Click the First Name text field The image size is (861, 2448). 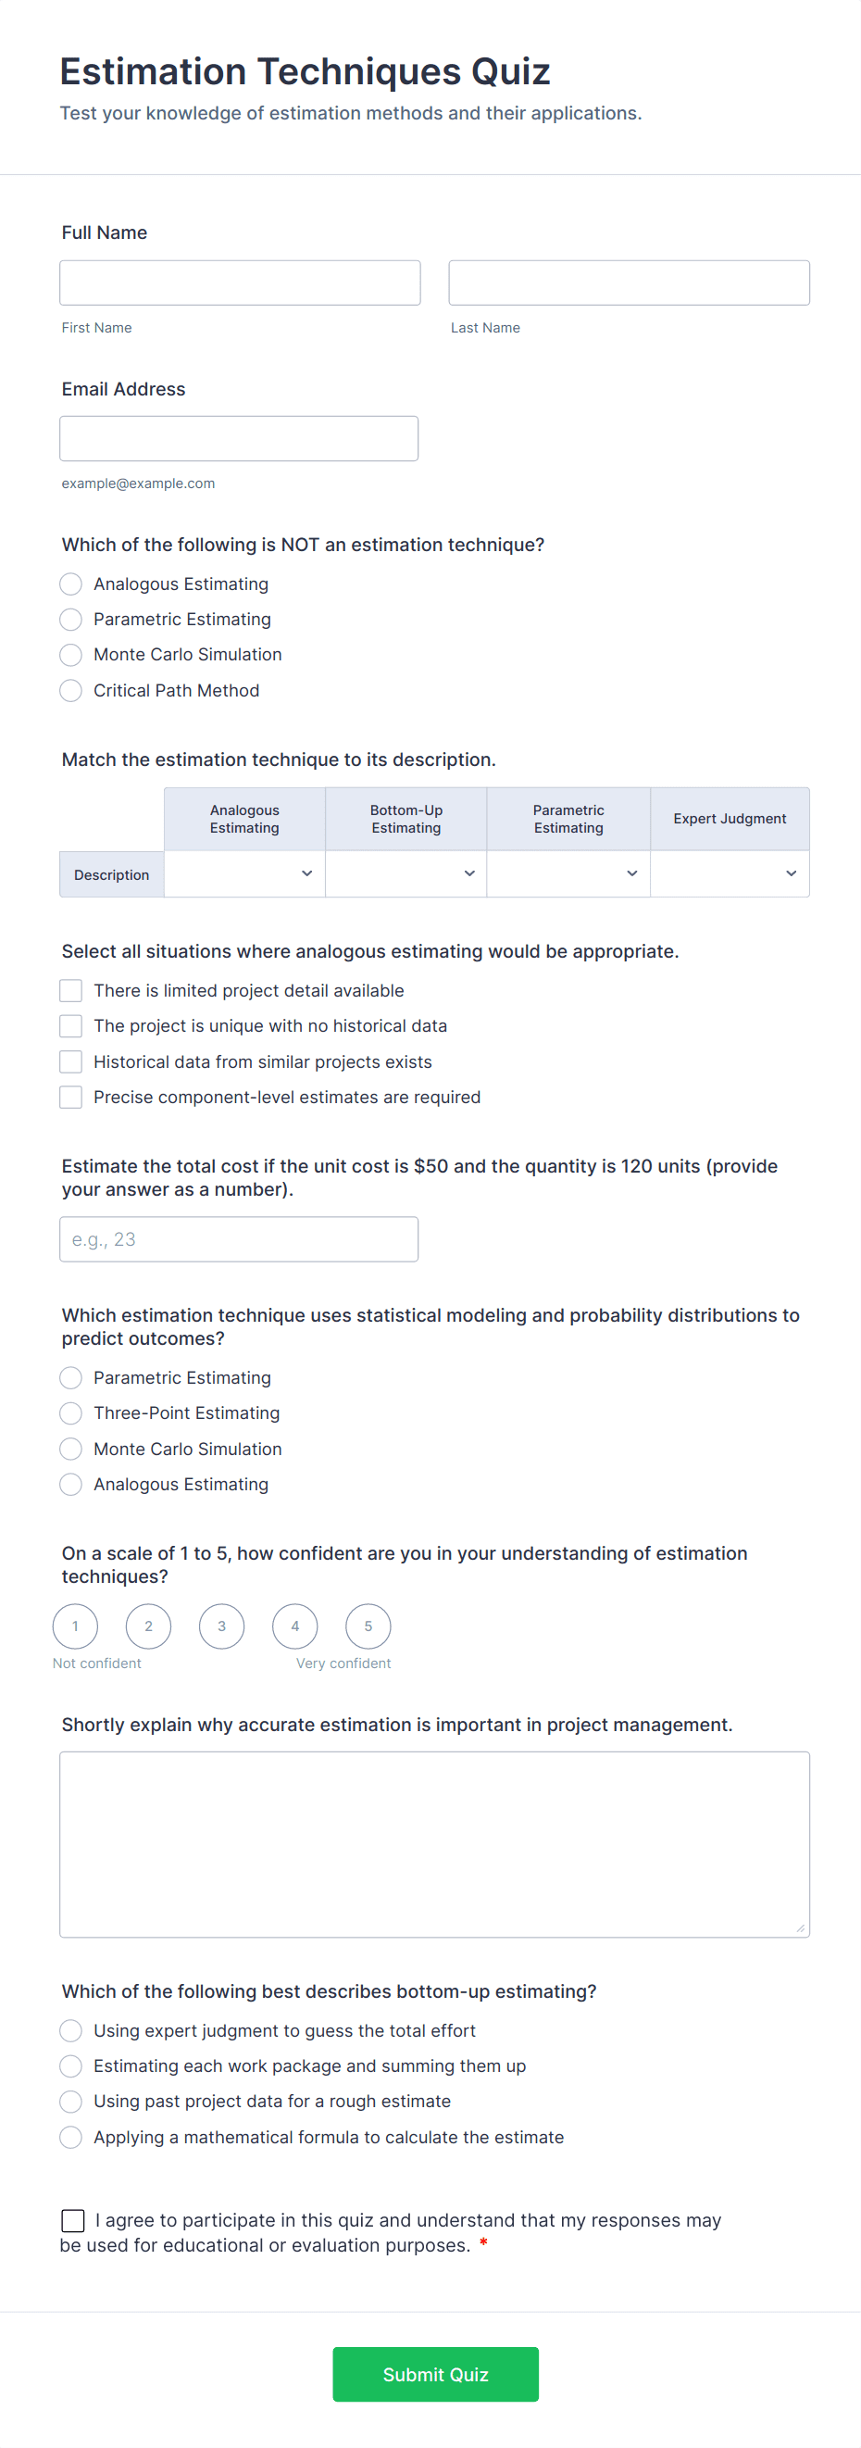click(240, 283)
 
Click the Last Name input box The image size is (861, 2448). click(629, 283)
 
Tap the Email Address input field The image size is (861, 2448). click(239, 439)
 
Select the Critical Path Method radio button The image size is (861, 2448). click(71, 691)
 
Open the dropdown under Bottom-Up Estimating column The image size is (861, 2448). click(406, 874)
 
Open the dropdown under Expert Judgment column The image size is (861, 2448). click(729, 874)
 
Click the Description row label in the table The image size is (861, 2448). click(111, 875)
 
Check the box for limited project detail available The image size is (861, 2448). click(71, 991)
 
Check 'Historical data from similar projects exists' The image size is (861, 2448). click(71, 1061)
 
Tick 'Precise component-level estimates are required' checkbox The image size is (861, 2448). click(71, 1098)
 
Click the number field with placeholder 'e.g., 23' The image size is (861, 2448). click(239, 1239)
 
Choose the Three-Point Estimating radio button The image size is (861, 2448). click(71, 1413)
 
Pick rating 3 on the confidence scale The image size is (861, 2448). click(221, 1626)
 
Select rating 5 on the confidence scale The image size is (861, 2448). click(368, 1626)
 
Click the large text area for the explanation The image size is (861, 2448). click(434, 1843)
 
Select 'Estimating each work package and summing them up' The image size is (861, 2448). click(71, 2066)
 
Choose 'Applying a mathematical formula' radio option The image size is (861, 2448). click(71, 2137)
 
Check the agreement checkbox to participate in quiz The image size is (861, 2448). click(73, 2220)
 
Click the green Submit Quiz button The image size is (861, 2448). click(435, 2374)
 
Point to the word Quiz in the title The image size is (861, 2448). click(510, 72)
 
